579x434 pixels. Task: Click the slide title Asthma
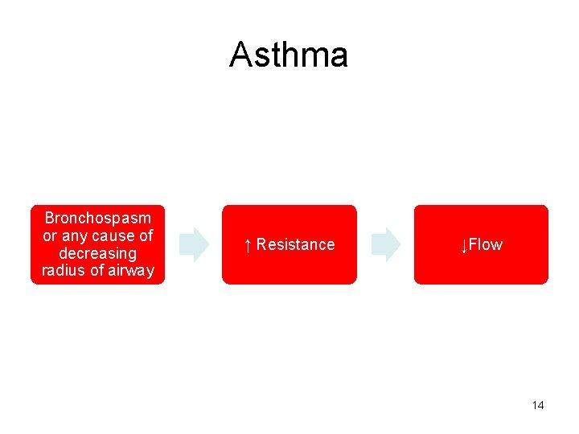288,55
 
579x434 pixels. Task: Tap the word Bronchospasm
97,219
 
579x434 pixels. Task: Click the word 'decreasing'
97,253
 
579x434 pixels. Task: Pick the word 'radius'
62,270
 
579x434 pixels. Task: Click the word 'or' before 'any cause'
50,235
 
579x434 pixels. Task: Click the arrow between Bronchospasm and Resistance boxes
194,244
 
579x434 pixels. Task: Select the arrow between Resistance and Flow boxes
386,244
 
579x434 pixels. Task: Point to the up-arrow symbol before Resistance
248,245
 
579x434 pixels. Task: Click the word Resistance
295,244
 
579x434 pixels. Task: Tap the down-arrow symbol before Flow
464,245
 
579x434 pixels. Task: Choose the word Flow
486,244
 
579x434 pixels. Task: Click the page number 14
538,405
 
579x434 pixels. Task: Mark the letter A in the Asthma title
240,55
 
